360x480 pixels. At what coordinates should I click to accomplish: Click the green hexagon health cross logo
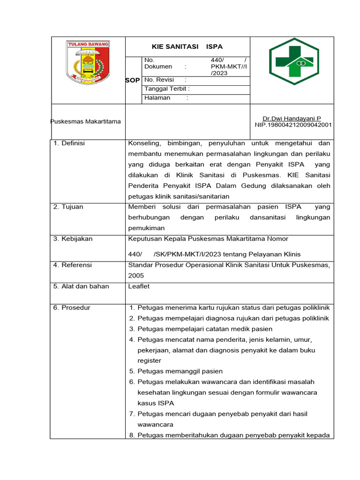click(293, 61)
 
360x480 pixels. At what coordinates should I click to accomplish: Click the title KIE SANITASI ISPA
click(187, 46)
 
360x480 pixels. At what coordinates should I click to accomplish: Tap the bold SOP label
click(133, 80)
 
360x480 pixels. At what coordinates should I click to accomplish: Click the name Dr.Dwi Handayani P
click(292, 119)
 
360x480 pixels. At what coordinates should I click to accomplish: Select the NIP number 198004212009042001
click(293, 125)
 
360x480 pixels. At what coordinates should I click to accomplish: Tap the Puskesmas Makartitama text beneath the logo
click(85, 121)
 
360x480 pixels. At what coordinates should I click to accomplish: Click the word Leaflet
click(139, 286)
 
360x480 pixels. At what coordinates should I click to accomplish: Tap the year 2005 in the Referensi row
click(136, 276)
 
